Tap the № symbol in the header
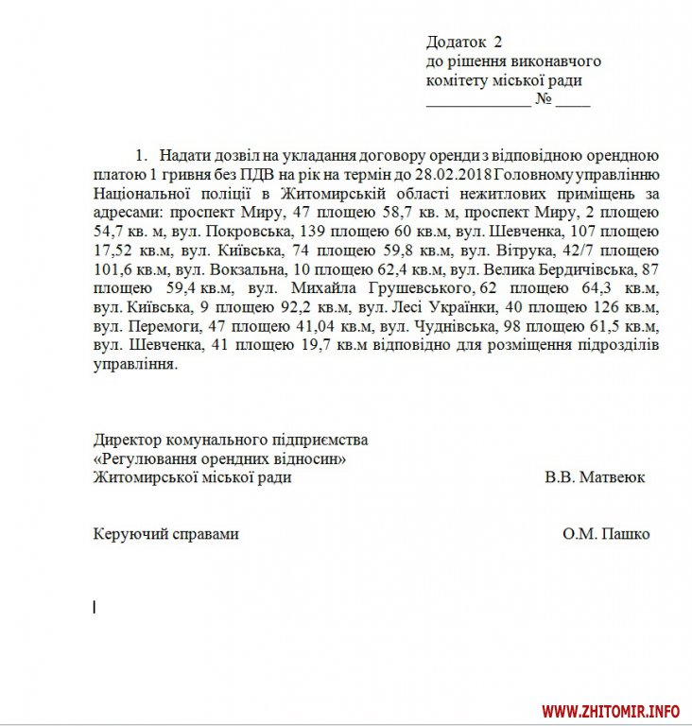tap(544, 99)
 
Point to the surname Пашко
tap(619, 534)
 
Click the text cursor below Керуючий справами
tap(95, 608)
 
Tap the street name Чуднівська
tap(453, 326)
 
